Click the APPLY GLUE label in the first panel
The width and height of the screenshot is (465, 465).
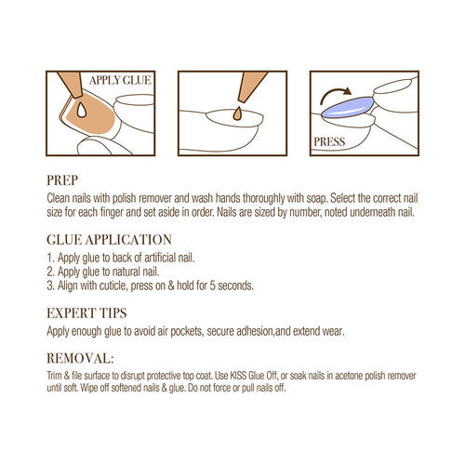120,80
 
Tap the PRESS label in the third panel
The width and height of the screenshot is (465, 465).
329,141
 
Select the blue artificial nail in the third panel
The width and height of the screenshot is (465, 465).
347,107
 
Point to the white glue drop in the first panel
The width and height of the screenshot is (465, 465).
81,111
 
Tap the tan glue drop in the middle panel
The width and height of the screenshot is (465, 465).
237,113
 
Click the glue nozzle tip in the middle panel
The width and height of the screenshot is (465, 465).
241,100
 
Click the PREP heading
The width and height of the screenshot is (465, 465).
62,180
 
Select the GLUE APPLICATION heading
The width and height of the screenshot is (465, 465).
109,240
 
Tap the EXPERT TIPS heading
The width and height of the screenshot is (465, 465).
86,313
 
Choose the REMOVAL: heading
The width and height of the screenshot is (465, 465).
80,358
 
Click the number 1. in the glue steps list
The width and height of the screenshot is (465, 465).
51,258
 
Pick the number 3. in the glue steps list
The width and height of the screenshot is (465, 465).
51,286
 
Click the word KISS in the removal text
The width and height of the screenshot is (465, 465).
238,376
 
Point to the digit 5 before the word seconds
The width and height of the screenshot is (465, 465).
212,286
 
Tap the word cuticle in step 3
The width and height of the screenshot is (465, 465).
113,286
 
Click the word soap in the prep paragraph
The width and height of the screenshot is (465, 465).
316,198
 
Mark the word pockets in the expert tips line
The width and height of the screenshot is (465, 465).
187,331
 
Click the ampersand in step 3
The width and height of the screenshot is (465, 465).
171,286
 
